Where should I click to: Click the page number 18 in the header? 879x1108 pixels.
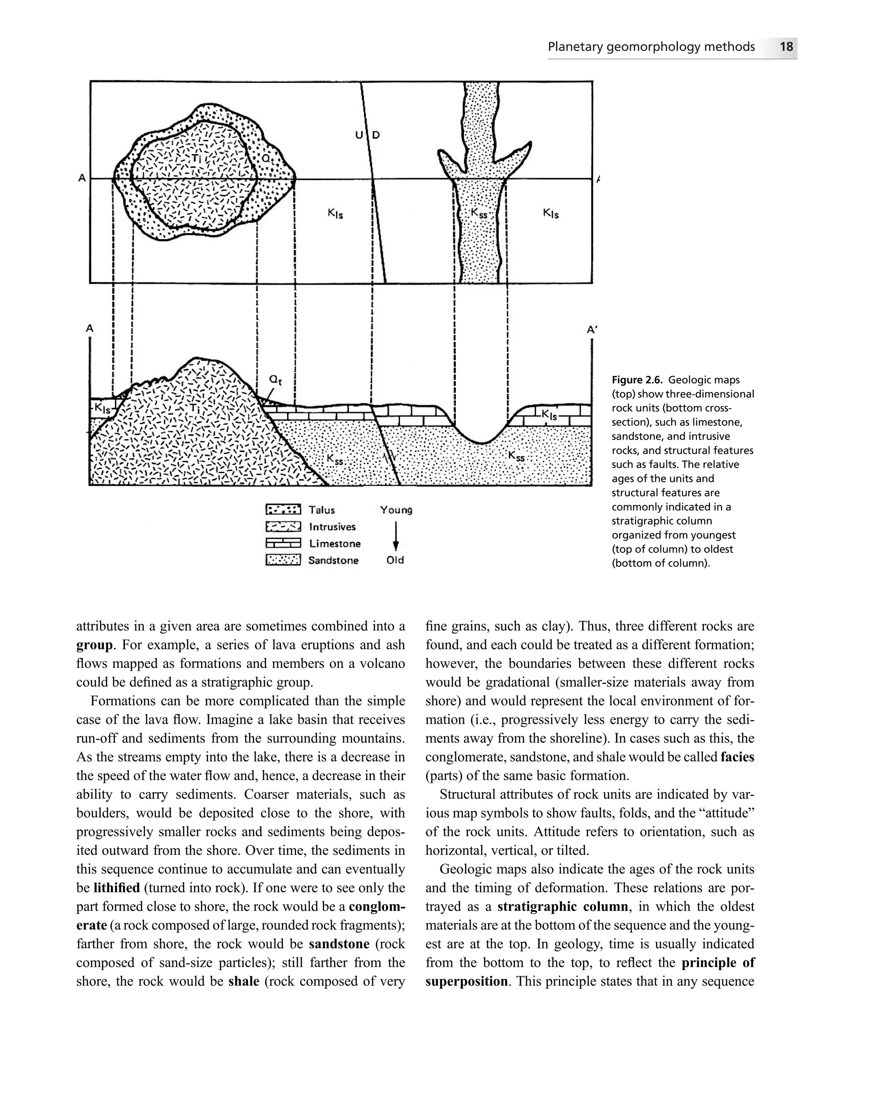(786, 47)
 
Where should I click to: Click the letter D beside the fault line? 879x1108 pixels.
(376, 135)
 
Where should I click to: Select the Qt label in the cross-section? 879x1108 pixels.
(276, 380)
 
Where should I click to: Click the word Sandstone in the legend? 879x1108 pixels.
(333, 560)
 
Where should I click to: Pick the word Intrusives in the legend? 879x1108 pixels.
(332, 527)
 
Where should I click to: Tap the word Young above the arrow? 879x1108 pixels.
(396, 510)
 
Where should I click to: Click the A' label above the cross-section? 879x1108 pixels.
(592, 329)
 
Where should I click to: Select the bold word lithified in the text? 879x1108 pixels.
(117, 887)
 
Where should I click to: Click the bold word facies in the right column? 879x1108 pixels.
(737, 756)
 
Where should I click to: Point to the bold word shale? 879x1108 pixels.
(243, 981)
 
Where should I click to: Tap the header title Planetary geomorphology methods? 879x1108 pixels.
(651, 47)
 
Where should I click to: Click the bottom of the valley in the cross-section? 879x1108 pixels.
(482, 443)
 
